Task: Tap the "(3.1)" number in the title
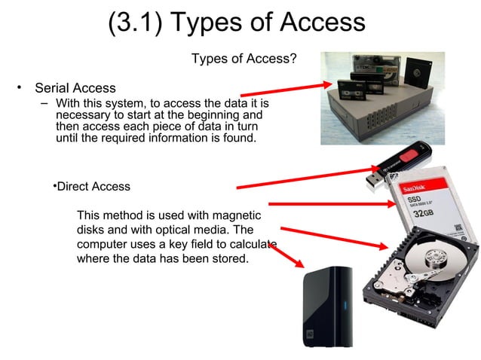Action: click(135, 23)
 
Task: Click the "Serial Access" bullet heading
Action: click(75, 88)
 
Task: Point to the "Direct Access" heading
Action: click(94, 186)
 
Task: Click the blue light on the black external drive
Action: click(347, 306)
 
